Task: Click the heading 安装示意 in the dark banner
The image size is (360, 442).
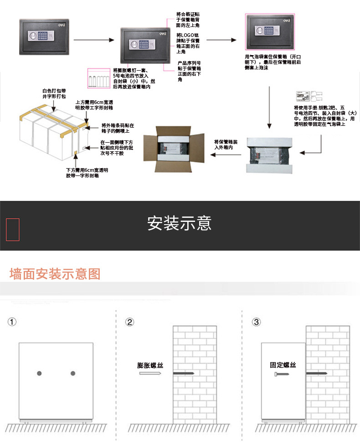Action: click(180, 224)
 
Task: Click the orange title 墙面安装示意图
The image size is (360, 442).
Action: click(55, 274)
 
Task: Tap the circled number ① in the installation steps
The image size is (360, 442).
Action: click(12, 322)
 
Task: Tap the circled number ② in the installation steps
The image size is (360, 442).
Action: click(130, 322)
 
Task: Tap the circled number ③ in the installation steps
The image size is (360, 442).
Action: click(257, 322)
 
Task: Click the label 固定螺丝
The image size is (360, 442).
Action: click(283, 365)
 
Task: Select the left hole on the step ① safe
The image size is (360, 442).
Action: click(39, 374)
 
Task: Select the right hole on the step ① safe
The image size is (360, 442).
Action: click(73, 374)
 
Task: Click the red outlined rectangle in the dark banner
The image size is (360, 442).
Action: click(13, 229)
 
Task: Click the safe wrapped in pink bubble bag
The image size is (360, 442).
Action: click(269, 31)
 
